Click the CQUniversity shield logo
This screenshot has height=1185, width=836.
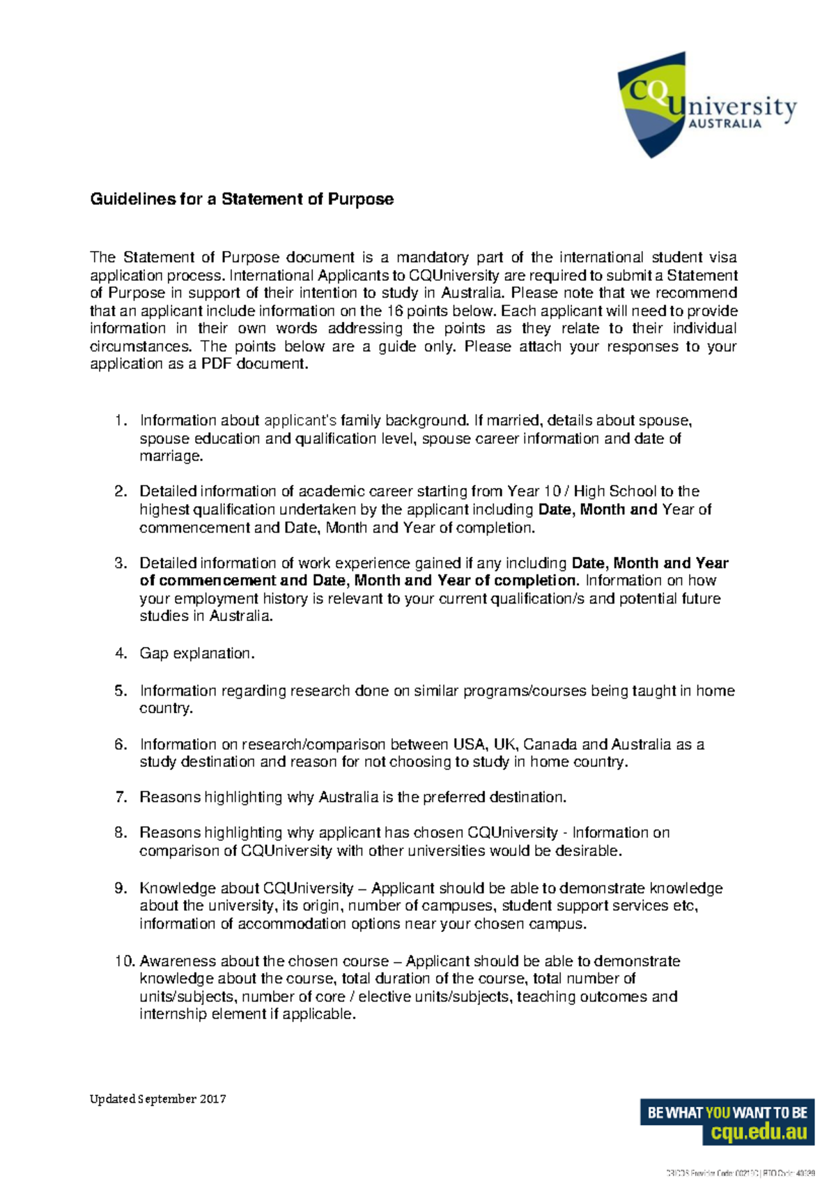point(651,105)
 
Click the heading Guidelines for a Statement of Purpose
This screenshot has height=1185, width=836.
point(242,199)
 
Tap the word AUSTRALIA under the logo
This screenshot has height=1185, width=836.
point(725,124)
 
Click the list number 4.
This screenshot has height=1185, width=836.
point(121,654)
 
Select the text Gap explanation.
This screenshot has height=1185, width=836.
point(197,654)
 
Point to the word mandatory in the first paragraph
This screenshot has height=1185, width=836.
point(432,258)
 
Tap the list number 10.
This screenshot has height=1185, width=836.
point(124,961)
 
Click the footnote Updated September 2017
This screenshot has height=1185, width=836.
point(158,1099)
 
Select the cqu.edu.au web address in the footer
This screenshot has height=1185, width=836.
point(758,1133)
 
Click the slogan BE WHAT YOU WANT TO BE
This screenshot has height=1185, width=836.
point(727,1113)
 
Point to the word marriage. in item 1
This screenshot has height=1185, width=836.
point(171,457)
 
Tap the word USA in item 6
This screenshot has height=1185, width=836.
point(469,744)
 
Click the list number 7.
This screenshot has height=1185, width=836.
point(121,797)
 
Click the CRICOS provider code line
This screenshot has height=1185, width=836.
point(740,1174)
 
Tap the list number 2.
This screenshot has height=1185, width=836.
point(121,491)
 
